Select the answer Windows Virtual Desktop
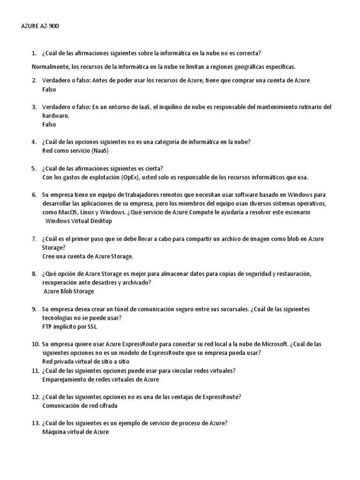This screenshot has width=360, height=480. click(78, 221)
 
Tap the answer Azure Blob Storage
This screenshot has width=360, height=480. click(69, 291)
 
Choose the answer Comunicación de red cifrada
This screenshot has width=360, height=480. click(80, 405)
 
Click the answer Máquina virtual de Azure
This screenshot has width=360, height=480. click(75, 432)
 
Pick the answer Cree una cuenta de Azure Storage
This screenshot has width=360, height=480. click(88, 256)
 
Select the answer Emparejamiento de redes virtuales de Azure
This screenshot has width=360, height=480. click(100, 379)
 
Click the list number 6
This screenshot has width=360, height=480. click(34, 195)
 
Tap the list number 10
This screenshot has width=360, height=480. click(35, 344)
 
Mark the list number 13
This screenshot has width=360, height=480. click(35, 423)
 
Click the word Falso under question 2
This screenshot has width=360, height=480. click(49, 89)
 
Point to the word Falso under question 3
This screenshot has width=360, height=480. click(49, 124)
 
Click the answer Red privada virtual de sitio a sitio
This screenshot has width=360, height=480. click(86, 361)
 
